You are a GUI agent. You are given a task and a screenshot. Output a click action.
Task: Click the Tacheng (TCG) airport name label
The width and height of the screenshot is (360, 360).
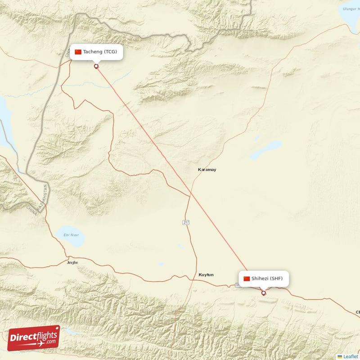pos(100,52)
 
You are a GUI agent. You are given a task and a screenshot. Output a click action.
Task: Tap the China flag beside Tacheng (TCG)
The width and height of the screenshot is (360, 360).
pos(78,52)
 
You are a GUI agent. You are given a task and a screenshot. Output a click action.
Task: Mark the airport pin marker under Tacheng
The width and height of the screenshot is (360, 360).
pos(96,66)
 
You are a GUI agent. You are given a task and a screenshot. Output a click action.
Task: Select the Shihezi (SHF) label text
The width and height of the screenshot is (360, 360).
pos(267,279)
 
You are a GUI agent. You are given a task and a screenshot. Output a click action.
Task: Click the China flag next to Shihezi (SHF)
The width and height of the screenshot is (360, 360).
pos(247,279)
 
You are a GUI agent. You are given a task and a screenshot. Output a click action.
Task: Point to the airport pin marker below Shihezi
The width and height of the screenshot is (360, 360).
pos(264,293)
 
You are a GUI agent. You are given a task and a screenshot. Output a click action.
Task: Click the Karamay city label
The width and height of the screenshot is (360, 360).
pos(207,170)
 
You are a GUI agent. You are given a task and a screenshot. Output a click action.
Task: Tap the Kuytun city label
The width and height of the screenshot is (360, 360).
pos(206,274)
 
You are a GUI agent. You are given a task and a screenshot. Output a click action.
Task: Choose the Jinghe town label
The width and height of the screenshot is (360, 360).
pos(72,262)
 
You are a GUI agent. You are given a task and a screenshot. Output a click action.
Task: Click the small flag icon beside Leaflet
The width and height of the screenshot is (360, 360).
pos(340,356)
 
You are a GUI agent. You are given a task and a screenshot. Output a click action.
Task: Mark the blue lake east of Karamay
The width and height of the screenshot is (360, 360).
pos(266,150)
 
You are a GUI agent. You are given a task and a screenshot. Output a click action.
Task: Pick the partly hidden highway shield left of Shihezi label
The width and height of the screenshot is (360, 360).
pos(237,285)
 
